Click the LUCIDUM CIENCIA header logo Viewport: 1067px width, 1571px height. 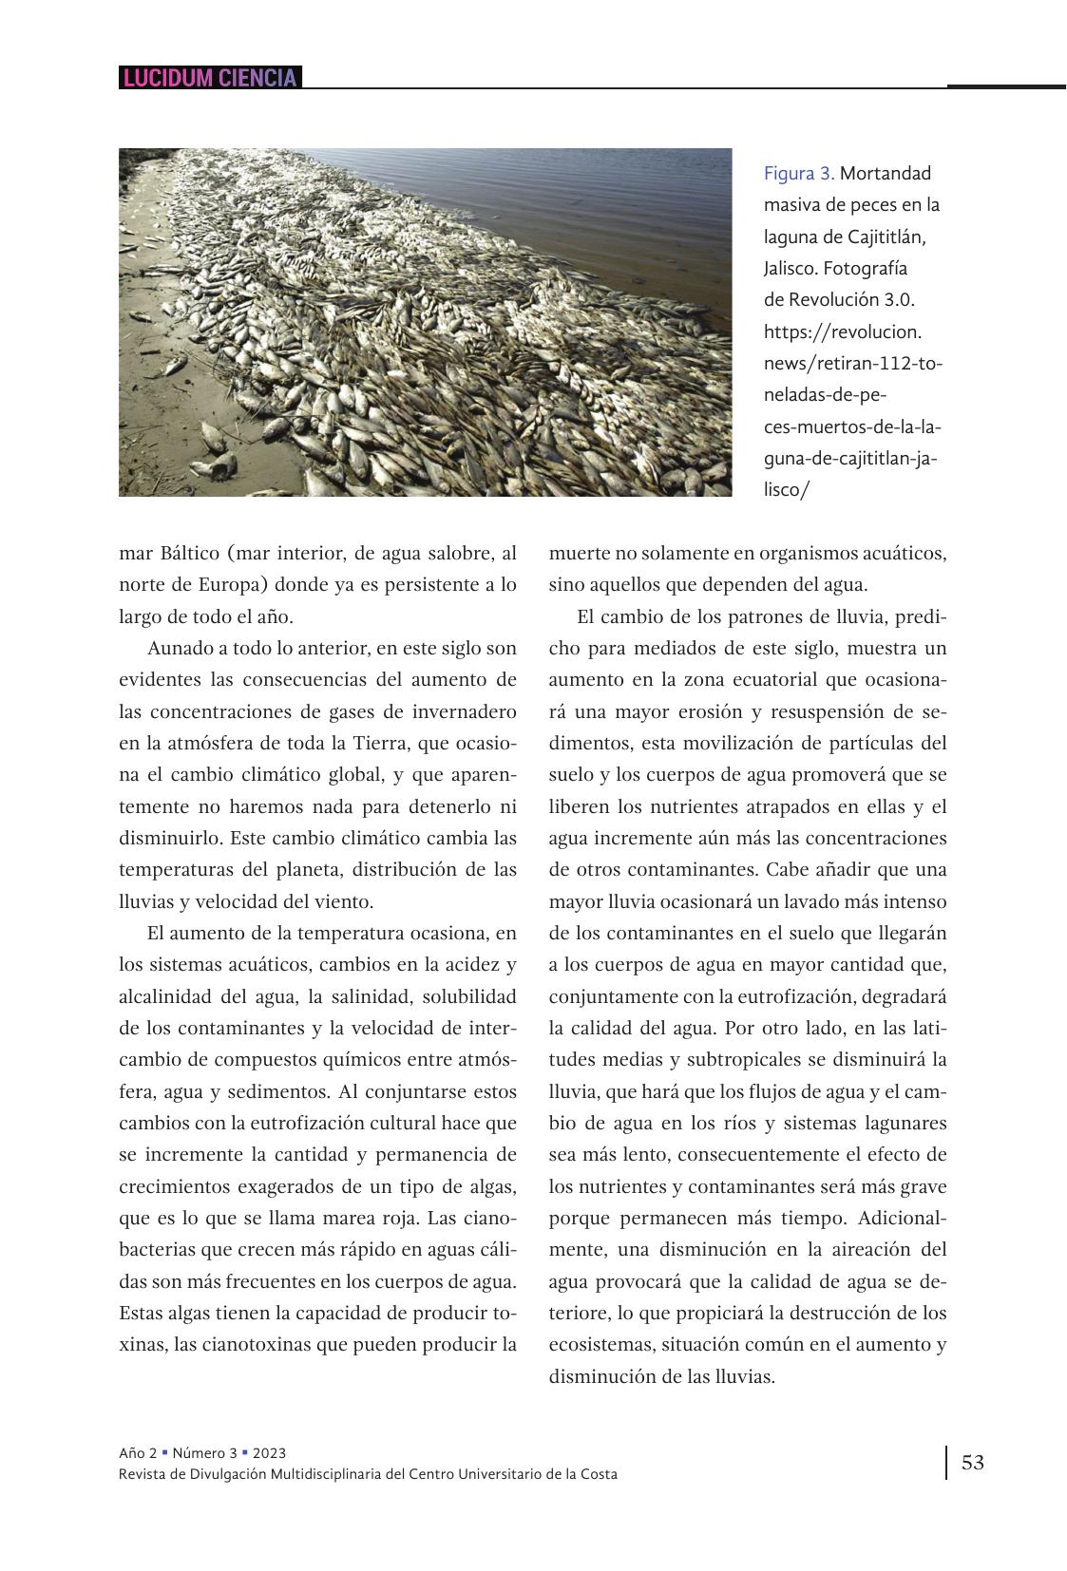pyautogui.click(x=209, y=78)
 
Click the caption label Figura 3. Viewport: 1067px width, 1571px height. pyautogui.click(x=798, y=174)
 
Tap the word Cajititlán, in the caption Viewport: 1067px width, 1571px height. pyautogui.click(x=883, y=237)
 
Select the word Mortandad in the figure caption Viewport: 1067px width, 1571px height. pyautogui.click(x=886, y=174)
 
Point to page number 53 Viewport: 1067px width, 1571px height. pyautogui.click(x=973, y=1462)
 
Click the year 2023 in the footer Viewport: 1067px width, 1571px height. pyautogui.click(x=269, y=1453)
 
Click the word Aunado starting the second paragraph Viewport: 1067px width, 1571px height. pyautogui.click(x=181, y=649)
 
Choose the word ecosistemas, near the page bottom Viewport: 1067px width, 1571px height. pyautogui.click(x=600, y=1345)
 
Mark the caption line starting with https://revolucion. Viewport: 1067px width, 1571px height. pyautogui.click(x=843, y=332)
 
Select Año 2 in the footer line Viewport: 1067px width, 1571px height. pyautogui.click(x=138, y=1453)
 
